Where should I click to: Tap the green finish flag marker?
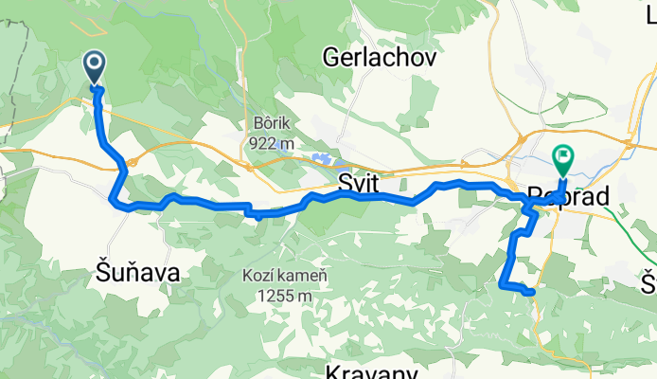point(563,158)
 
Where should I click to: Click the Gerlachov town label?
point(380,58)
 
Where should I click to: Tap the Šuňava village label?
point(138,272)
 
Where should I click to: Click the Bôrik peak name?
point(270,123)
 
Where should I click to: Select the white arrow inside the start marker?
point(96,63)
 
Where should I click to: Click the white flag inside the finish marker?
point(563,154)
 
